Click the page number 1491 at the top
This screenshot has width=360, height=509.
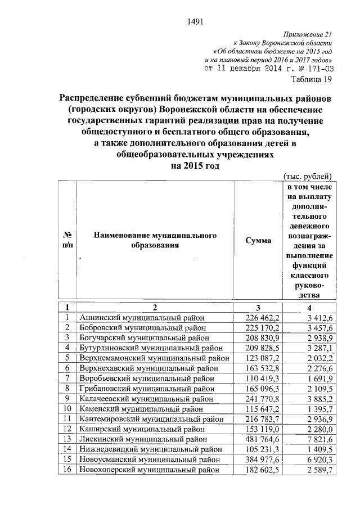(x=194, y=22)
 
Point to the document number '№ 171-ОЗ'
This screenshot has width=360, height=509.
(x=313, y=69)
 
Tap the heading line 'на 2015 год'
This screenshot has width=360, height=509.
(x=195, y=166)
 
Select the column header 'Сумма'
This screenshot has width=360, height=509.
(x=258, y=241)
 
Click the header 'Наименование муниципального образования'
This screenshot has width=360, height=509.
(x=155, y=241)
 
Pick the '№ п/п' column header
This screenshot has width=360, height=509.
(x=67, y=241)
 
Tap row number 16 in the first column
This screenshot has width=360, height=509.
(x=67, y=469)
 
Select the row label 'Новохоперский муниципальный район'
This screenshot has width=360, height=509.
(x=148, y=469)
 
